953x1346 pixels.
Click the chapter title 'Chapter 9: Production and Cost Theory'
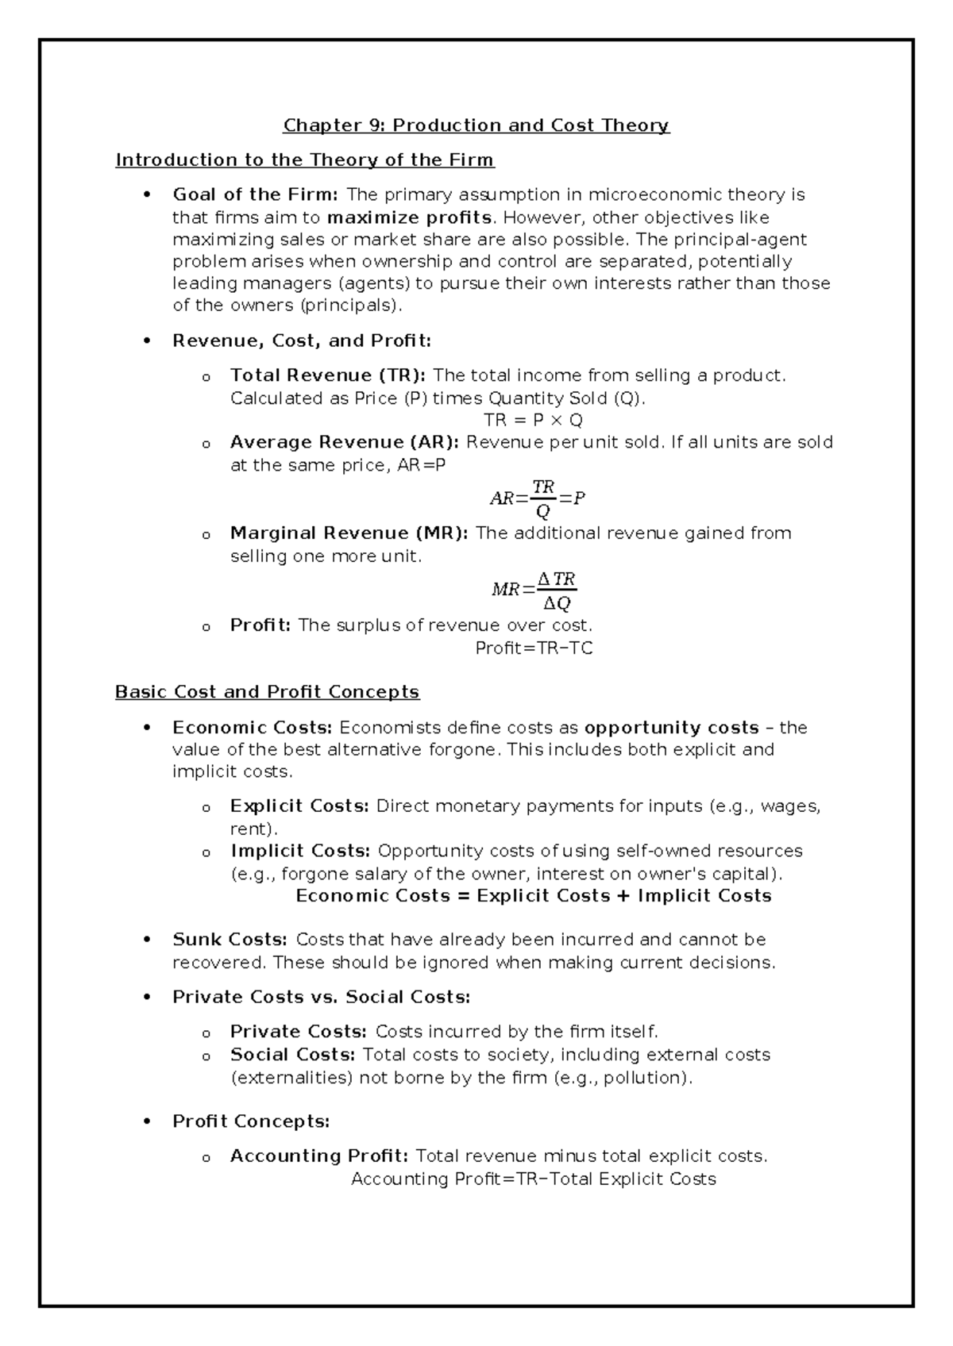(x=476, y=125)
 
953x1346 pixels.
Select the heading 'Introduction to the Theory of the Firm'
(x=305, y=160)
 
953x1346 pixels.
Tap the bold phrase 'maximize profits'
(x=410, y=217)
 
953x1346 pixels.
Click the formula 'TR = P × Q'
(x=534, y=420)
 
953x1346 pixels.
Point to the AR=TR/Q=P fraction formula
(x=538, y=498)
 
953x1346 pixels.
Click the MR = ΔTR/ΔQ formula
(x=534, y=590)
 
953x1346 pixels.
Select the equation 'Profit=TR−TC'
(x=534, y=648)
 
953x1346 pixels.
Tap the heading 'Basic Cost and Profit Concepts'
(x=267, y=692)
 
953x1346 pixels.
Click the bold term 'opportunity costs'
(x=672, y=728)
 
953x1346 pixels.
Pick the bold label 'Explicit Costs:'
(x=299, y=806)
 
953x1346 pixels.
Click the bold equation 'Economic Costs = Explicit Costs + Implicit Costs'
(x=534, y=896)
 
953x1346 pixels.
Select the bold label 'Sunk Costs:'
(x=230, y=940)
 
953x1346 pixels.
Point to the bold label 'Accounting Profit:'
(x=319, y=1156)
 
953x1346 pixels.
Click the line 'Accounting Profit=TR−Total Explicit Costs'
(x=534, y=1179)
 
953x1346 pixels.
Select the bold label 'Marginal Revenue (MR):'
(x=349, y=533)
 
